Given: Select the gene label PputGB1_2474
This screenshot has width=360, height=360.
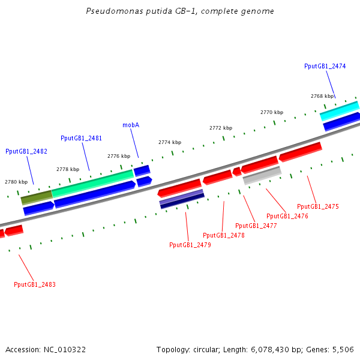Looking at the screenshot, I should click(325, 66).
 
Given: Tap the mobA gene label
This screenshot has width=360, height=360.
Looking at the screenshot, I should click(131, 125).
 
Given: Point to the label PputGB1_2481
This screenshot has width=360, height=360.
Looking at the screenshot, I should click(81, 138).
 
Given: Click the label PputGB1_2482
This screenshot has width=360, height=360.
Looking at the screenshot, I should click(26, 151).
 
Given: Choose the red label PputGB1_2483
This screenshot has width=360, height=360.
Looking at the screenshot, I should click(35, 284).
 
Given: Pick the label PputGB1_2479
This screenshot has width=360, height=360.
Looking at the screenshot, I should click(190, 245).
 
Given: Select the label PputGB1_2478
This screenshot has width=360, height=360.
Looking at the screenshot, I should click(224, 235).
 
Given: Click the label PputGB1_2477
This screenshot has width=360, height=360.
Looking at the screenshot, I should click(256, 226).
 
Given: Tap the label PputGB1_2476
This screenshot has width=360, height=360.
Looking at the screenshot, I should click(287, 216).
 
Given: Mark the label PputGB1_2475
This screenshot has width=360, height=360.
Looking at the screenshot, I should click(318, 206).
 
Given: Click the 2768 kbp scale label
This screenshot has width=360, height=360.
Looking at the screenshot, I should click(322, 96).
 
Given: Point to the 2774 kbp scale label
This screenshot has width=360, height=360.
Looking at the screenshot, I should click(170, 142).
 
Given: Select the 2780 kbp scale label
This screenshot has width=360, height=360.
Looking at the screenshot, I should click(16, 181).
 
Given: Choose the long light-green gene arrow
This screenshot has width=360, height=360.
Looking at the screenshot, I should click(92, 182).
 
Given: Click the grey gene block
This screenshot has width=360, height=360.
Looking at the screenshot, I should click(262, 176).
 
